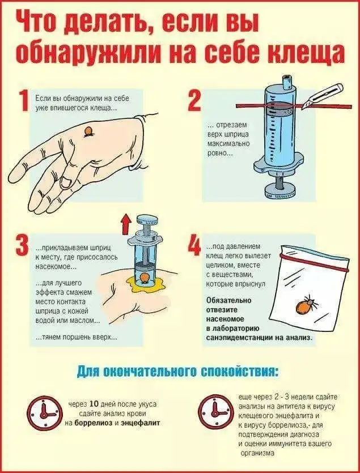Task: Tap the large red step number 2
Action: click(x=194, y=101)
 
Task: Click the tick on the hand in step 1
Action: click(x=88, y=131)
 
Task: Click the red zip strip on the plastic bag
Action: click(x=314, y=262)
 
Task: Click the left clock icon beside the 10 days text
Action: click(x=44, y=413)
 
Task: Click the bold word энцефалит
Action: click(x=141, y=423)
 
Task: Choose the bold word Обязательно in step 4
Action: click(x=228, y=300)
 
